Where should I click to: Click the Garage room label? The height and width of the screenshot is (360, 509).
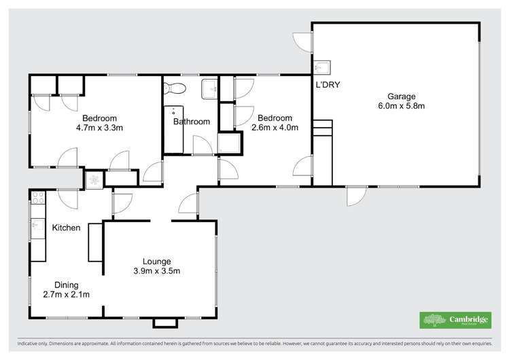click(x=402, y=96)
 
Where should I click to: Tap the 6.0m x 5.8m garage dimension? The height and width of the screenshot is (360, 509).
click(x=402, y=106)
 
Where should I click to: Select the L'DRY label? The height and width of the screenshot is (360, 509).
click(x=328, y=85)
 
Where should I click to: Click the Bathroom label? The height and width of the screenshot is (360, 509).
click(x=191, y=122)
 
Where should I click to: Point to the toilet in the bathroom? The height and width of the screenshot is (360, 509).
click(x=175, y=88)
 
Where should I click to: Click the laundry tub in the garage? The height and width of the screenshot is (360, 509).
click(x=322, y=67)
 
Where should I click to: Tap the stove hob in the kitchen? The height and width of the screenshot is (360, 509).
click(x=38, y=198)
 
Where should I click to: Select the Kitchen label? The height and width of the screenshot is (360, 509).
click(x=67, y=228)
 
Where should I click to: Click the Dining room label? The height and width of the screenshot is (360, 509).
click(x=67, y=285)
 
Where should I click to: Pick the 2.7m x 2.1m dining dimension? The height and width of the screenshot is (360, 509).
click(x=67, y=294)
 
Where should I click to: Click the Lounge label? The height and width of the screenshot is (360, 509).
click(x=156, y=262)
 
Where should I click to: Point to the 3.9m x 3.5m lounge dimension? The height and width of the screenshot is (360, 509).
click(x=156, y=271)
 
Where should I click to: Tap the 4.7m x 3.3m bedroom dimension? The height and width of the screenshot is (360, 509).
click(x=100, y=127)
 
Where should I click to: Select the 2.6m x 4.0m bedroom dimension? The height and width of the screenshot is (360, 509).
click(x=275, y=127)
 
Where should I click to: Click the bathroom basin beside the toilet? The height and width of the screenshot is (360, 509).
click(x=210, y=86)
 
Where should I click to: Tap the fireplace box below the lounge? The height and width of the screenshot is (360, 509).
click(x=164, y=323)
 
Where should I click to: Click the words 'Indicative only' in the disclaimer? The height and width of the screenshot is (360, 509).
click(x=34, y=344)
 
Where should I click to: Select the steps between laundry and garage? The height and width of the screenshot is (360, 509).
click(x=321, y=129)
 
